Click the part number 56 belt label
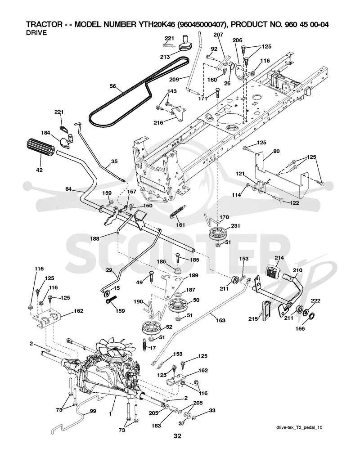[112, 86]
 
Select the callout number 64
[68, 189]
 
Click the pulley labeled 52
[153, 329]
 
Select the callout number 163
[220, 320]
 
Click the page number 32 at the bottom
[177, 436]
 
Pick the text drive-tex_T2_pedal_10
[299, 427]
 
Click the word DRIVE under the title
[36, 33]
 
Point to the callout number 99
[93, 411]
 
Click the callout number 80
[276, 152]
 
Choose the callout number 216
[158, 122]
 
